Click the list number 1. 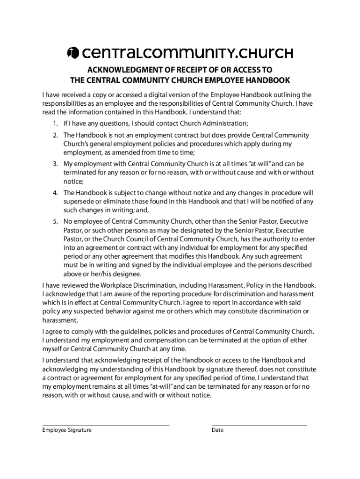55,123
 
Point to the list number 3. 55,164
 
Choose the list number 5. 55,221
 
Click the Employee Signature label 67,430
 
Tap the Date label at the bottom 217,430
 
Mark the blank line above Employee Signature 106,425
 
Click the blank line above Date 259,425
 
